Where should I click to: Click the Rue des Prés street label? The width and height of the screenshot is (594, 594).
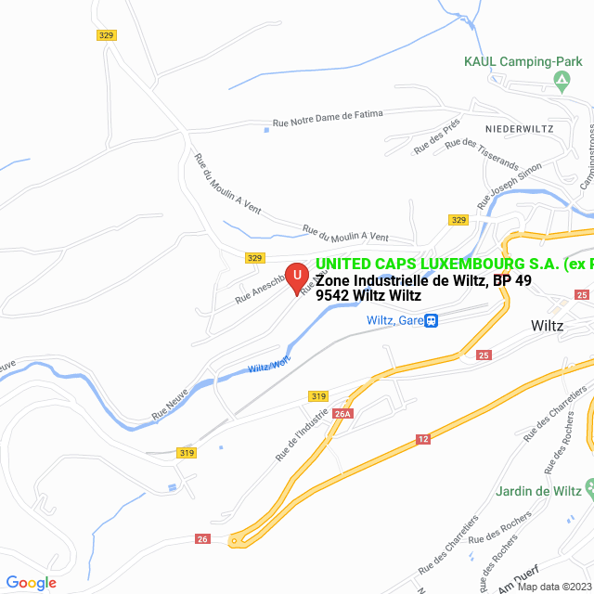click(x=436, y=138)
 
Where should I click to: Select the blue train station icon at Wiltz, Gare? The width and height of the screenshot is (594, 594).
click(x=431, y=320)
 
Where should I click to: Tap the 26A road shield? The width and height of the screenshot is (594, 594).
click(x=342, y=414)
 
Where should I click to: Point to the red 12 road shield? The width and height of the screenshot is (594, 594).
click(x=423, y=439)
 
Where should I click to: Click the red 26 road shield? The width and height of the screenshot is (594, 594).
click(x=203, y=538)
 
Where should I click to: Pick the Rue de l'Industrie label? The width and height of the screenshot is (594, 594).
click(x=303, y=432)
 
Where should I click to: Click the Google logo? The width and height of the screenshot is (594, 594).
click(x=31, y=582)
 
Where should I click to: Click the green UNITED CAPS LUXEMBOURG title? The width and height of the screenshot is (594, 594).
click(x=454, y=265)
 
